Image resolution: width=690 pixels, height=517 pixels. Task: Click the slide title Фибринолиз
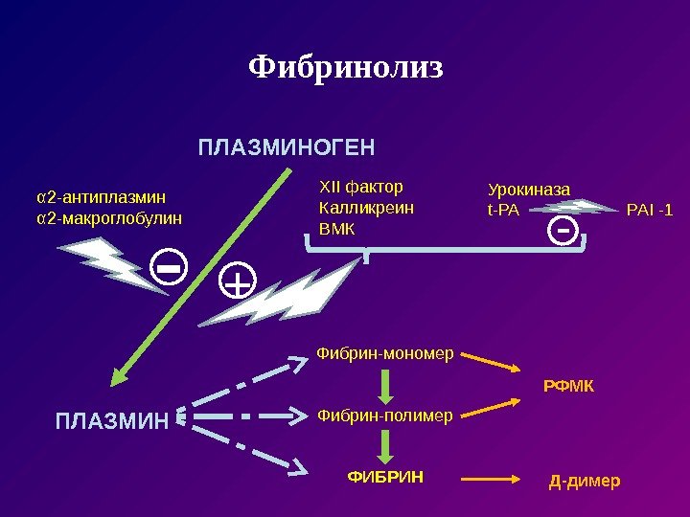pyautogui.click(x=346, y=67)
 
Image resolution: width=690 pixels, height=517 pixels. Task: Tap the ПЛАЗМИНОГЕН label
pyautogui.click(x=287, y=148)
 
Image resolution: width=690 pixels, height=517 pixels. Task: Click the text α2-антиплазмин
pyautogui.click(x=101, y=197)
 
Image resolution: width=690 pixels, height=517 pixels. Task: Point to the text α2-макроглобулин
pyautogui.click(x=108, y=218)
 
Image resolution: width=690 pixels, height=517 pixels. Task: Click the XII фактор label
pyautogui.click(x=360, y=186)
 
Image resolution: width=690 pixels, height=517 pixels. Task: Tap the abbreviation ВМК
pyautogui.click(x=335, y=230)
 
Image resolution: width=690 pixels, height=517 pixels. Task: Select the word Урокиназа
pyautogui.click(x=529, y=190)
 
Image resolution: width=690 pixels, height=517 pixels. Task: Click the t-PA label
pyautogui.click(x=503, y=209)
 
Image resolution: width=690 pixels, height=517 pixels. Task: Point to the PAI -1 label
pyautogui.click(x=649, y=209)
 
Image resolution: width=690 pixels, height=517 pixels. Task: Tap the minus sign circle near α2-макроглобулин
pyautogui.click(x=170, y=270)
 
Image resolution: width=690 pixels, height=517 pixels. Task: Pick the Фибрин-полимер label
pyautogui.click(x=385, y=416)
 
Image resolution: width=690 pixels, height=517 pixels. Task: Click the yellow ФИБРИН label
pyautogui.click(x=385, y=475)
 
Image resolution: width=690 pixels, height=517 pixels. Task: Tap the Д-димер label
pyautogui.click(x=584, y=479)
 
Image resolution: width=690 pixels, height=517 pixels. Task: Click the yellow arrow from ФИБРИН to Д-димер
pyautogui.click(x=492, y=477)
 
